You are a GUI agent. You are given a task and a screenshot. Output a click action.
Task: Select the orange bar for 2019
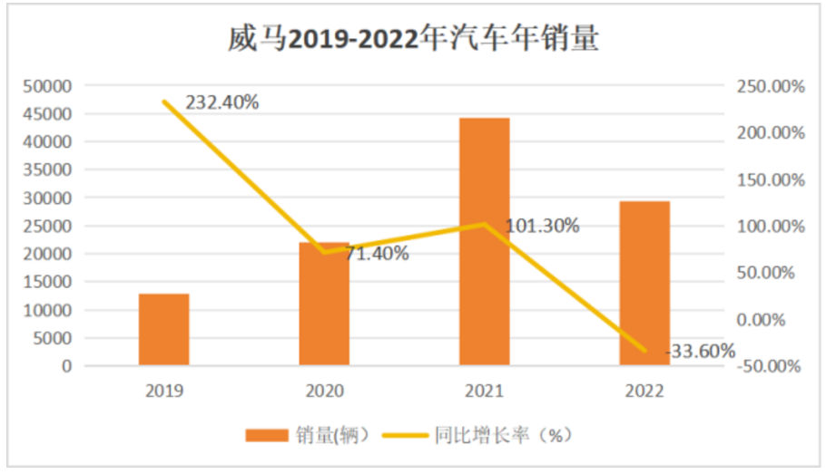pyautogui.click(x=164, y=329)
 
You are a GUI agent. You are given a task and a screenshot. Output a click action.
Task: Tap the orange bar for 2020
pyautogui.click(x=324, y=304)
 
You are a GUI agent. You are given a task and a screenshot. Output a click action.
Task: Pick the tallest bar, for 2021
pyautogui.click(x=484, y=241)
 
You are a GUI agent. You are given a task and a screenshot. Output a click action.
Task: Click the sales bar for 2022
pyautogui.click(x=644, y=283)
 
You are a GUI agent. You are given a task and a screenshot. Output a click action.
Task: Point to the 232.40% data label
pyautogui.click(x=222, y=102)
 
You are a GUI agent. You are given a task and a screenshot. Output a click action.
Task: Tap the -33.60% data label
pyautogui.click(x=699, y=352)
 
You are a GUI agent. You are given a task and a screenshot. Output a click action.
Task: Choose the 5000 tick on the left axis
pyautogui.click(x=54, y=338)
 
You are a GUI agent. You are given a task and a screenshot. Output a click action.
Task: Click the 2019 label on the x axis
pyautogui.click(x=164, y=392)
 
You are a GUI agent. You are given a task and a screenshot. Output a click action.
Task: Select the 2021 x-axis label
pyautogui.click(x=484, y=392)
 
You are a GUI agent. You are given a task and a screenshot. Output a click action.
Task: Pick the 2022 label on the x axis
pyautogui.click(x=644, y=392)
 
